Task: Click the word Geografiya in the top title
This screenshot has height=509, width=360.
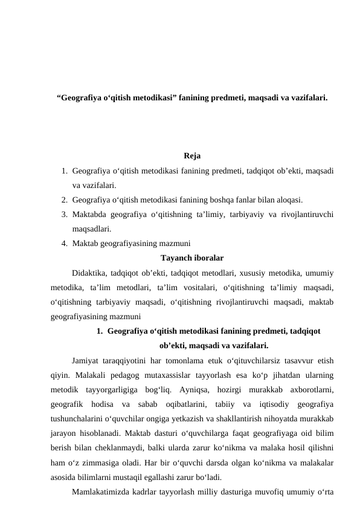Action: (81, 97)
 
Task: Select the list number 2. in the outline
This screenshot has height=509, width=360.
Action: (63, 199)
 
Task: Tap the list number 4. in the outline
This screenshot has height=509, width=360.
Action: (63, 244)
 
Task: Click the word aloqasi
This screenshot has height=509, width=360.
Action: (289, 199)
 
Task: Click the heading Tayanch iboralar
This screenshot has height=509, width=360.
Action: (192, 258)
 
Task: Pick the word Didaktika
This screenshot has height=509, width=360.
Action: (91, 273)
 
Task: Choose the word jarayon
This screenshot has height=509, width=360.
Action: (63, 434)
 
